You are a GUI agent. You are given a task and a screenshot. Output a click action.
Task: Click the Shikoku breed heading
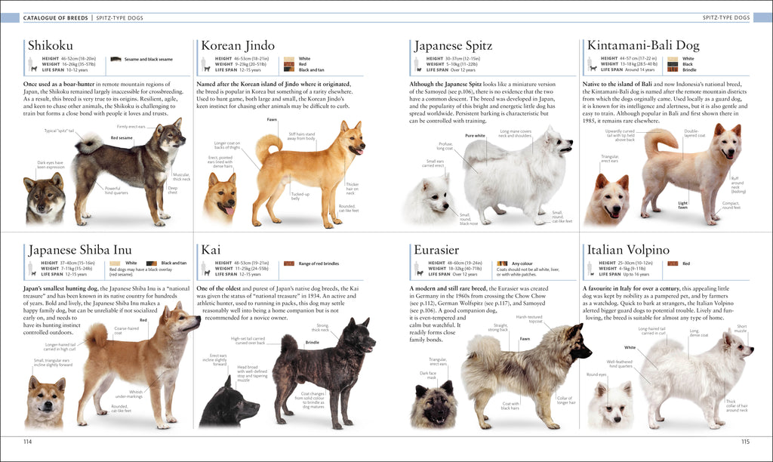[x=51, y=45]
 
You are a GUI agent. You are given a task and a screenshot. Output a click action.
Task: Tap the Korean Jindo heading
[x=238, y=45]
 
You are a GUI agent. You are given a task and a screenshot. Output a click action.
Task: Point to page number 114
[x=28, y=442]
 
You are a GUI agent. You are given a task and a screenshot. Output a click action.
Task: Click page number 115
[x=744, y=442]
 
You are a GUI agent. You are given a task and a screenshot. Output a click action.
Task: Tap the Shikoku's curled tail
[x=90, y=143]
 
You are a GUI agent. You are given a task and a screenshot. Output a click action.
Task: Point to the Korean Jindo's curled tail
[x=267, y=147]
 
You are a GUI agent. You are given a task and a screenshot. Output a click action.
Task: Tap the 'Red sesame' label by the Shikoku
[x=122, y=138]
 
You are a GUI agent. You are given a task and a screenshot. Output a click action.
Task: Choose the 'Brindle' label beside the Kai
[x=312, y=342]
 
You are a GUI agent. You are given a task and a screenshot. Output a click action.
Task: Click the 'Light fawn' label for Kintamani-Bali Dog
[x=682, y=205]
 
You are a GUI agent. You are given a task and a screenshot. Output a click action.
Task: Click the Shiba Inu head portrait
[x=45, y=402]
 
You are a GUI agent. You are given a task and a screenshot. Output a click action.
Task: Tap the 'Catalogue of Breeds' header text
[x=57, y=17]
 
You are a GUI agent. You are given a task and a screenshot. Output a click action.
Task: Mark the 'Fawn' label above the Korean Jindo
[x=272, y=119]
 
